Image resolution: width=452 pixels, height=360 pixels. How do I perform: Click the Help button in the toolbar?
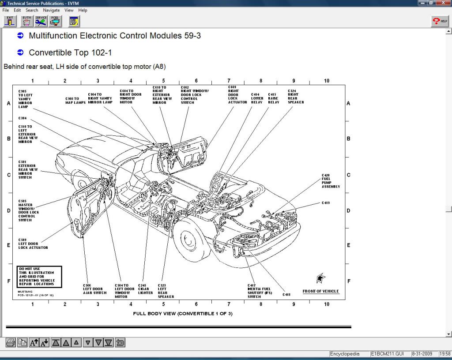[440, 21]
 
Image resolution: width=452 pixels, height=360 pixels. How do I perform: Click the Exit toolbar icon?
[10, 21]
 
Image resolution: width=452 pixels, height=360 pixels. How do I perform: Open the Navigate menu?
[51, 10]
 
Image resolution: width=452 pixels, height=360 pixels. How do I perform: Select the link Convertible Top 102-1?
[70, 52]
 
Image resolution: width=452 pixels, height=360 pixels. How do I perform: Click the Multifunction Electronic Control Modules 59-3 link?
[115, 36]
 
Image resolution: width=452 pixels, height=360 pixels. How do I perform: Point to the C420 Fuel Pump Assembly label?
[331, 181]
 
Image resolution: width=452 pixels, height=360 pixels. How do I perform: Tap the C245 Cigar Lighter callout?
[145, 289]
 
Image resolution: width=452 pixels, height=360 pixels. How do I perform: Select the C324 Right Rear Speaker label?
[296, 97]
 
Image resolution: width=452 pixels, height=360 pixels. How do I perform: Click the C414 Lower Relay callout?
[257, 98]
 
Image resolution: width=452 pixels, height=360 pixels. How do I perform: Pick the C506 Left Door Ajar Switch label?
[95, 289]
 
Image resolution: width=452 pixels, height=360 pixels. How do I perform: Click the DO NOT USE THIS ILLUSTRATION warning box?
[39, 277]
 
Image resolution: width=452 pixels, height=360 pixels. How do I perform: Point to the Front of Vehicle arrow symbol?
[321, 278]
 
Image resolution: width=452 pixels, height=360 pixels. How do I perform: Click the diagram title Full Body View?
[182, 314]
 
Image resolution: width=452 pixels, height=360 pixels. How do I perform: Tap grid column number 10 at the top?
[327, 81]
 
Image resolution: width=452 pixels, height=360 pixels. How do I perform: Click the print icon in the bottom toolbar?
[11, 342]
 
